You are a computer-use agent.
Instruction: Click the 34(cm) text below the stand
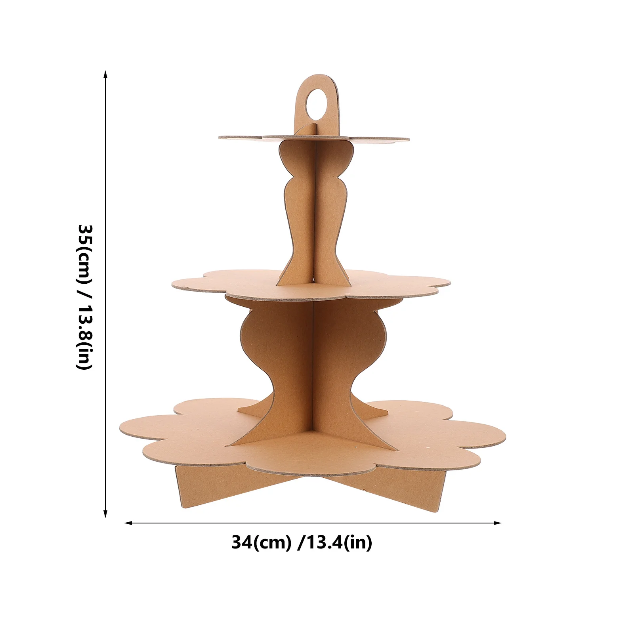tap(261, 542)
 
